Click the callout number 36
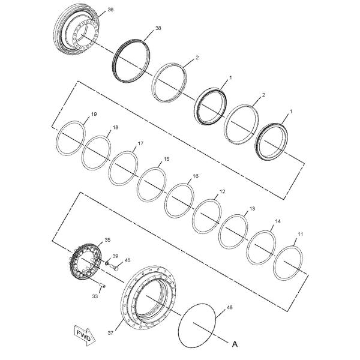pos(109,10)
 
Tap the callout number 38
pos(158,28)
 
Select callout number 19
pos(94,114)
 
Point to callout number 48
pos(229,307)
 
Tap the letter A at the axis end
pos(235,345)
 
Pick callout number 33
pos(95,295)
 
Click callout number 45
pos(127,260)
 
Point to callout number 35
pos(107,240)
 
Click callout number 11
pos(300,235)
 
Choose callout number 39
pos(115,256)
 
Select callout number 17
pos(140,144)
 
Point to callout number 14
pos(277,221)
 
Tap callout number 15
pos(167,159)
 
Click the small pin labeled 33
pos(103,286)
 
